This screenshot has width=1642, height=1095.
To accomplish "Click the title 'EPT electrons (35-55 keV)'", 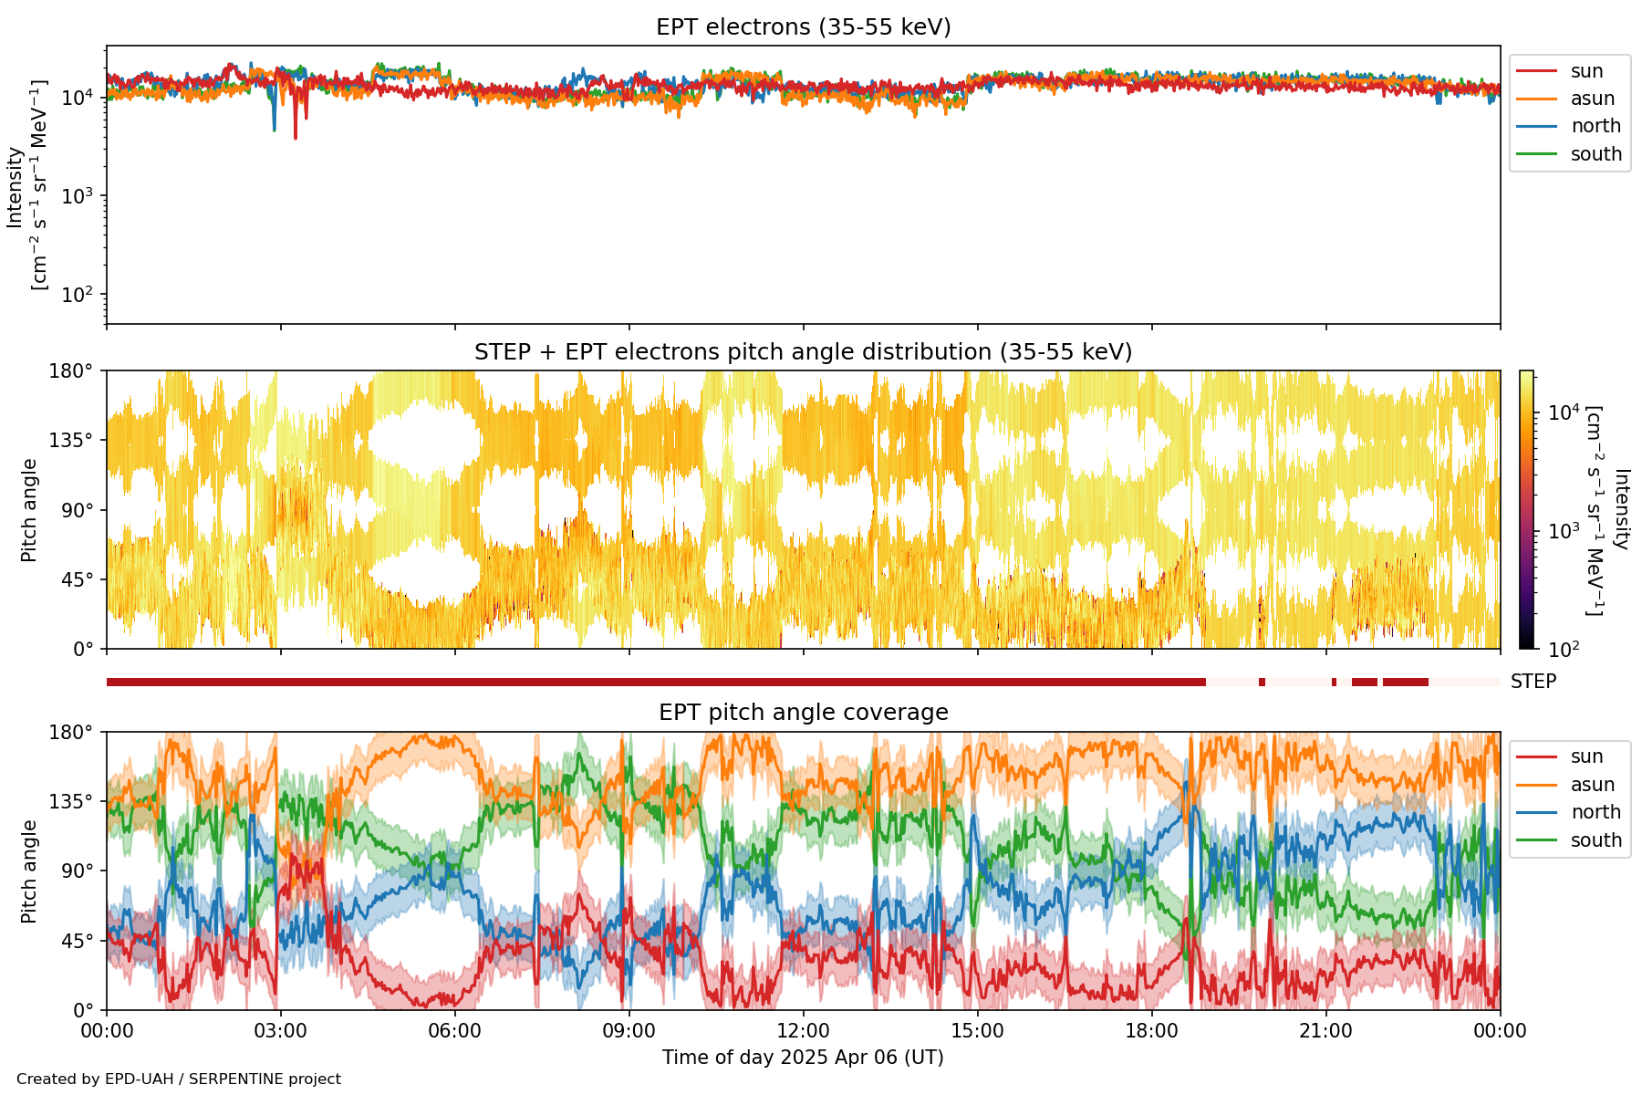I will click(x=803, y=27).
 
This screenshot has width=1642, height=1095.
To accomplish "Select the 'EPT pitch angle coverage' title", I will click(x=803, y=713).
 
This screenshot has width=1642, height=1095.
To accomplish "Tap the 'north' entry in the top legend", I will click(x=1595, y=126).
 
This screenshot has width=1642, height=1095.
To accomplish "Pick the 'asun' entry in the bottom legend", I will click(x=1592, y=785).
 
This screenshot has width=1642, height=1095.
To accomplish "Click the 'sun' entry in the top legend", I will click(x=1586, y=71).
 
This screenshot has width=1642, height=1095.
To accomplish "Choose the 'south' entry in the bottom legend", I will click(x=1595, y=840).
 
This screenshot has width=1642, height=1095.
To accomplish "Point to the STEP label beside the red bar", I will click(x=1533, y=682).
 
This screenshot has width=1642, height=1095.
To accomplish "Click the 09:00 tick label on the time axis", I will click(x=629, y=1031).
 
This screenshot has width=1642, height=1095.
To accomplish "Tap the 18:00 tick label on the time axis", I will click(x=1151, y=1031).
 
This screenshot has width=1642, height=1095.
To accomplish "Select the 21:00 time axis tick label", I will click(x=1325, y=1031).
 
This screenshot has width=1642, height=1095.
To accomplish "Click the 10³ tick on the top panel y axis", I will click(x=80, y=196).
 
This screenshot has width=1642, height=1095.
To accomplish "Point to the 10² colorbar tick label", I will click(x=1564, y=650).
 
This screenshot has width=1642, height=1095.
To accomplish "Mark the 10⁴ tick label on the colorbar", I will click(x=1564, y=413).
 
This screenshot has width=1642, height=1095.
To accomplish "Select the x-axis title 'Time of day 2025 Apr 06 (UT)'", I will click(x=803, y=1058).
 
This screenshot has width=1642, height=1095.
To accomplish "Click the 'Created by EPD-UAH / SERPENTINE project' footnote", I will click(x=179, y=1079).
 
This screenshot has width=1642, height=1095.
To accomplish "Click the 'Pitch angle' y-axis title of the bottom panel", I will click(x=29, y=871).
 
